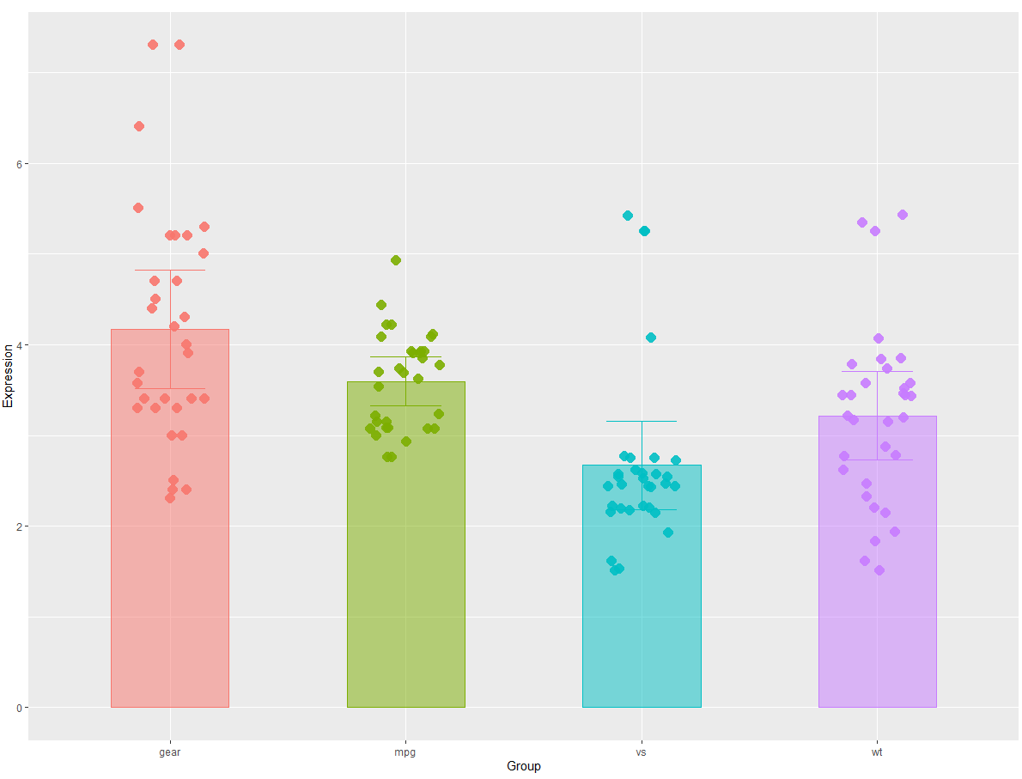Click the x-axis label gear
coord(170,752)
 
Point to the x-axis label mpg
coord(405,752)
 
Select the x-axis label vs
coord(642,752)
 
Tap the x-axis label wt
coord(877,752)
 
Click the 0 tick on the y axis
coord(20,708)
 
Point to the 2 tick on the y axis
coord(20,526)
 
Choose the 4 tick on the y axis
coord(20,345)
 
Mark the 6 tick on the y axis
coord(20,164)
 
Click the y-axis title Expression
coord(9,375)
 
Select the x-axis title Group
coord(524,766)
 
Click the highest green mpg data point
coord(396,260)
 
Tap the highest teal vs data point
coord(628,216)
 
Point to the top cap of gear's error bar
coord(170,271)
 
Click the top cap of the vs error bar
coord(642,422)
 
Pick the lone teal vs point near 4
coord(651,338)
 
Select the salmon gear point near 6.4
coord(139,126)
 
